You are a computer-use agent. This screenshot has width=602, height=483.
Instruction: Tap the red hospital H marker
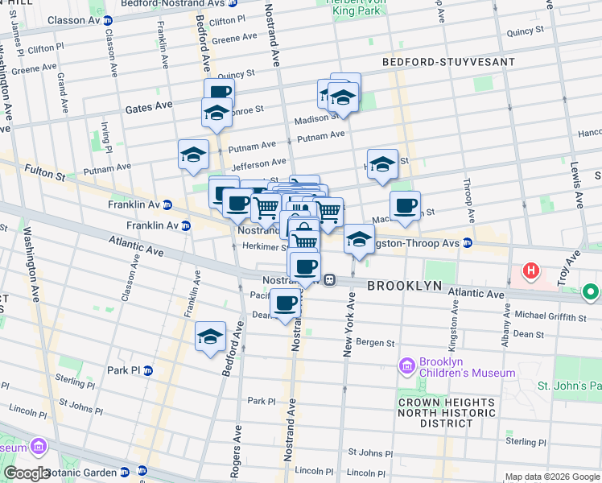pyautogui.click(x=532, y=271)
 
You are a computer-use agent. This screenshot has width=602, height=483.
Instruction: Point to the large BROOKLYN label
pyautogui.click(x=406, y=286)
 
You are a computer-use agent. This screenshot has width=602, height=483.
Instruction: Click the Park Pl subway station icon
pyautogui.click(x=147, y=370)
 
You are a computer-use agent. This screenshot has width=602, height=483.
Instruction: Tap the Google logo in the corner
pyautogui.click(x=27, y=473)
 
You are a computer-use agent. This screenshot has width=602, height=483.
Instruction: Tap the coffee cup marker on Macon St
pyautogui.click(x=405, y=205)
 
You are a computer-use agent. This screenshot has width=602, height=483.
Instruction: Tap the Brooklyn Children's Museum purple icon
pyautogui.click(x=407, y=367)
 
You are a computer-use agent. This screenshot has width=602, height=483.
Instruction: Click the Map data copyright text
pyautogui.click(x=551, y=476)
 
